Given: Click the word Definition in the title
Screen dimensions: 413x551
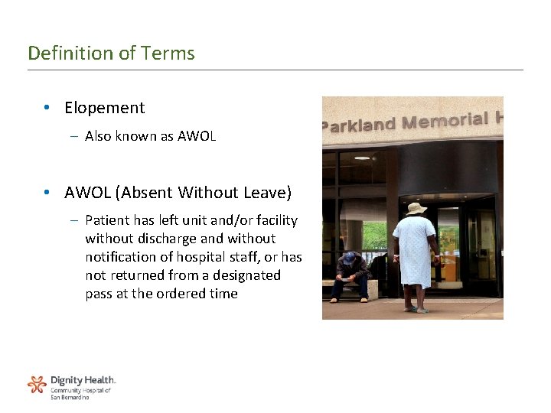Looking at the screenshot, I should point(61,54).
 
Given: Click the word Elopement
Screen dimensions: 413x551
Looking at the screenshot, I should point(104,108).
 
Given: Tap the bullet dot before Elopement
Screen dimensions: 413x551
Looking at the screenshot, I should point(47,109).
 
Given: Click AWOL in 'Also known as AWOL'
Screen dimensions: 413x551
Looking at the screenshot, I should point(197,136).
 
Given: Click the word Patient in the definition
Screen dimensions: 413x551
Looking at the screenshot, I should point(106,220).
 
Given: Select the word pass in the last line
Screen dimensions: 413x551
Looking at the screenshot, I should point(99,294).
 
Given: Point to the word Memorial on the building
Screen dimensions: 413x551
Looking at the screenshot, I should point(444,121).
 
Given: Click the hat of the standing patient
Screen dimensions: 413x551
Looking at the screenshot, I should point(417,209).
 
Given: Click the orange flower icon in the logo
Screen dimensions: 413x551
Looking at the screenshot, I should point(37,384).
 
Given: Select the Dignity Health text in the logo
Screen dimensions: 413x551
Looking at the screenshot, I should point(83,380).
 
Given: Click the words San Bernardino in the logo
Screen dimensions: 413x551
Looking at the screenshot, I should point(70,398).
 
